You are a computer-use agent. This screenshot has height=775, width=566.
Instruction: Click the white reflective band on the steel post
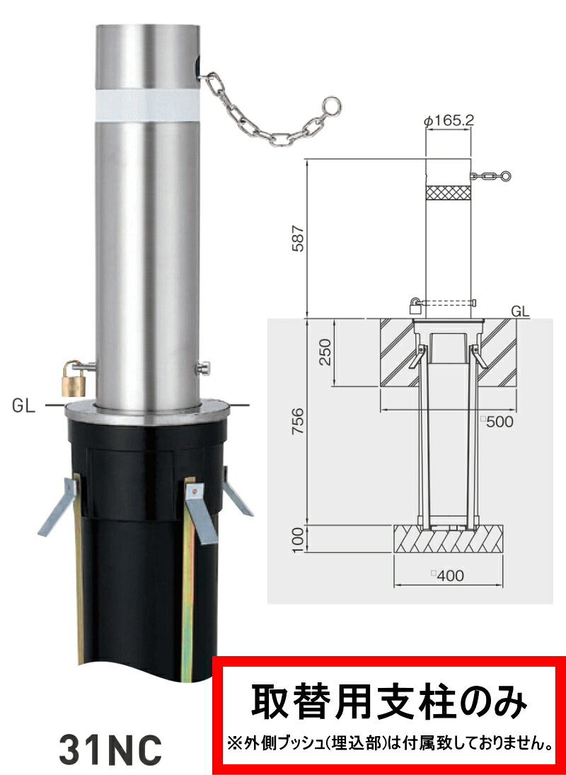(x=147, y=105)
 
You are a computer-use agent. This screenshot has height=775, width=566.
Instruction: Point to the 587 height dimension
(x=299, y=239)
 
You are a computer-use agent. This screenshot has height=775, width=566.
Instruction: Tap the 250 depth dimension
(x=325, y=352)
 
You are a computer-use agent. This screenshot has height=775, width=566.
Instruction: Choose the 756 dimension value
(x=299, y=421)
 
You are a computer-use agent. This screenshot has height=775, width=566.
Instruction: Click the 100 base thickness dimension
(x=299, y=539)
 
